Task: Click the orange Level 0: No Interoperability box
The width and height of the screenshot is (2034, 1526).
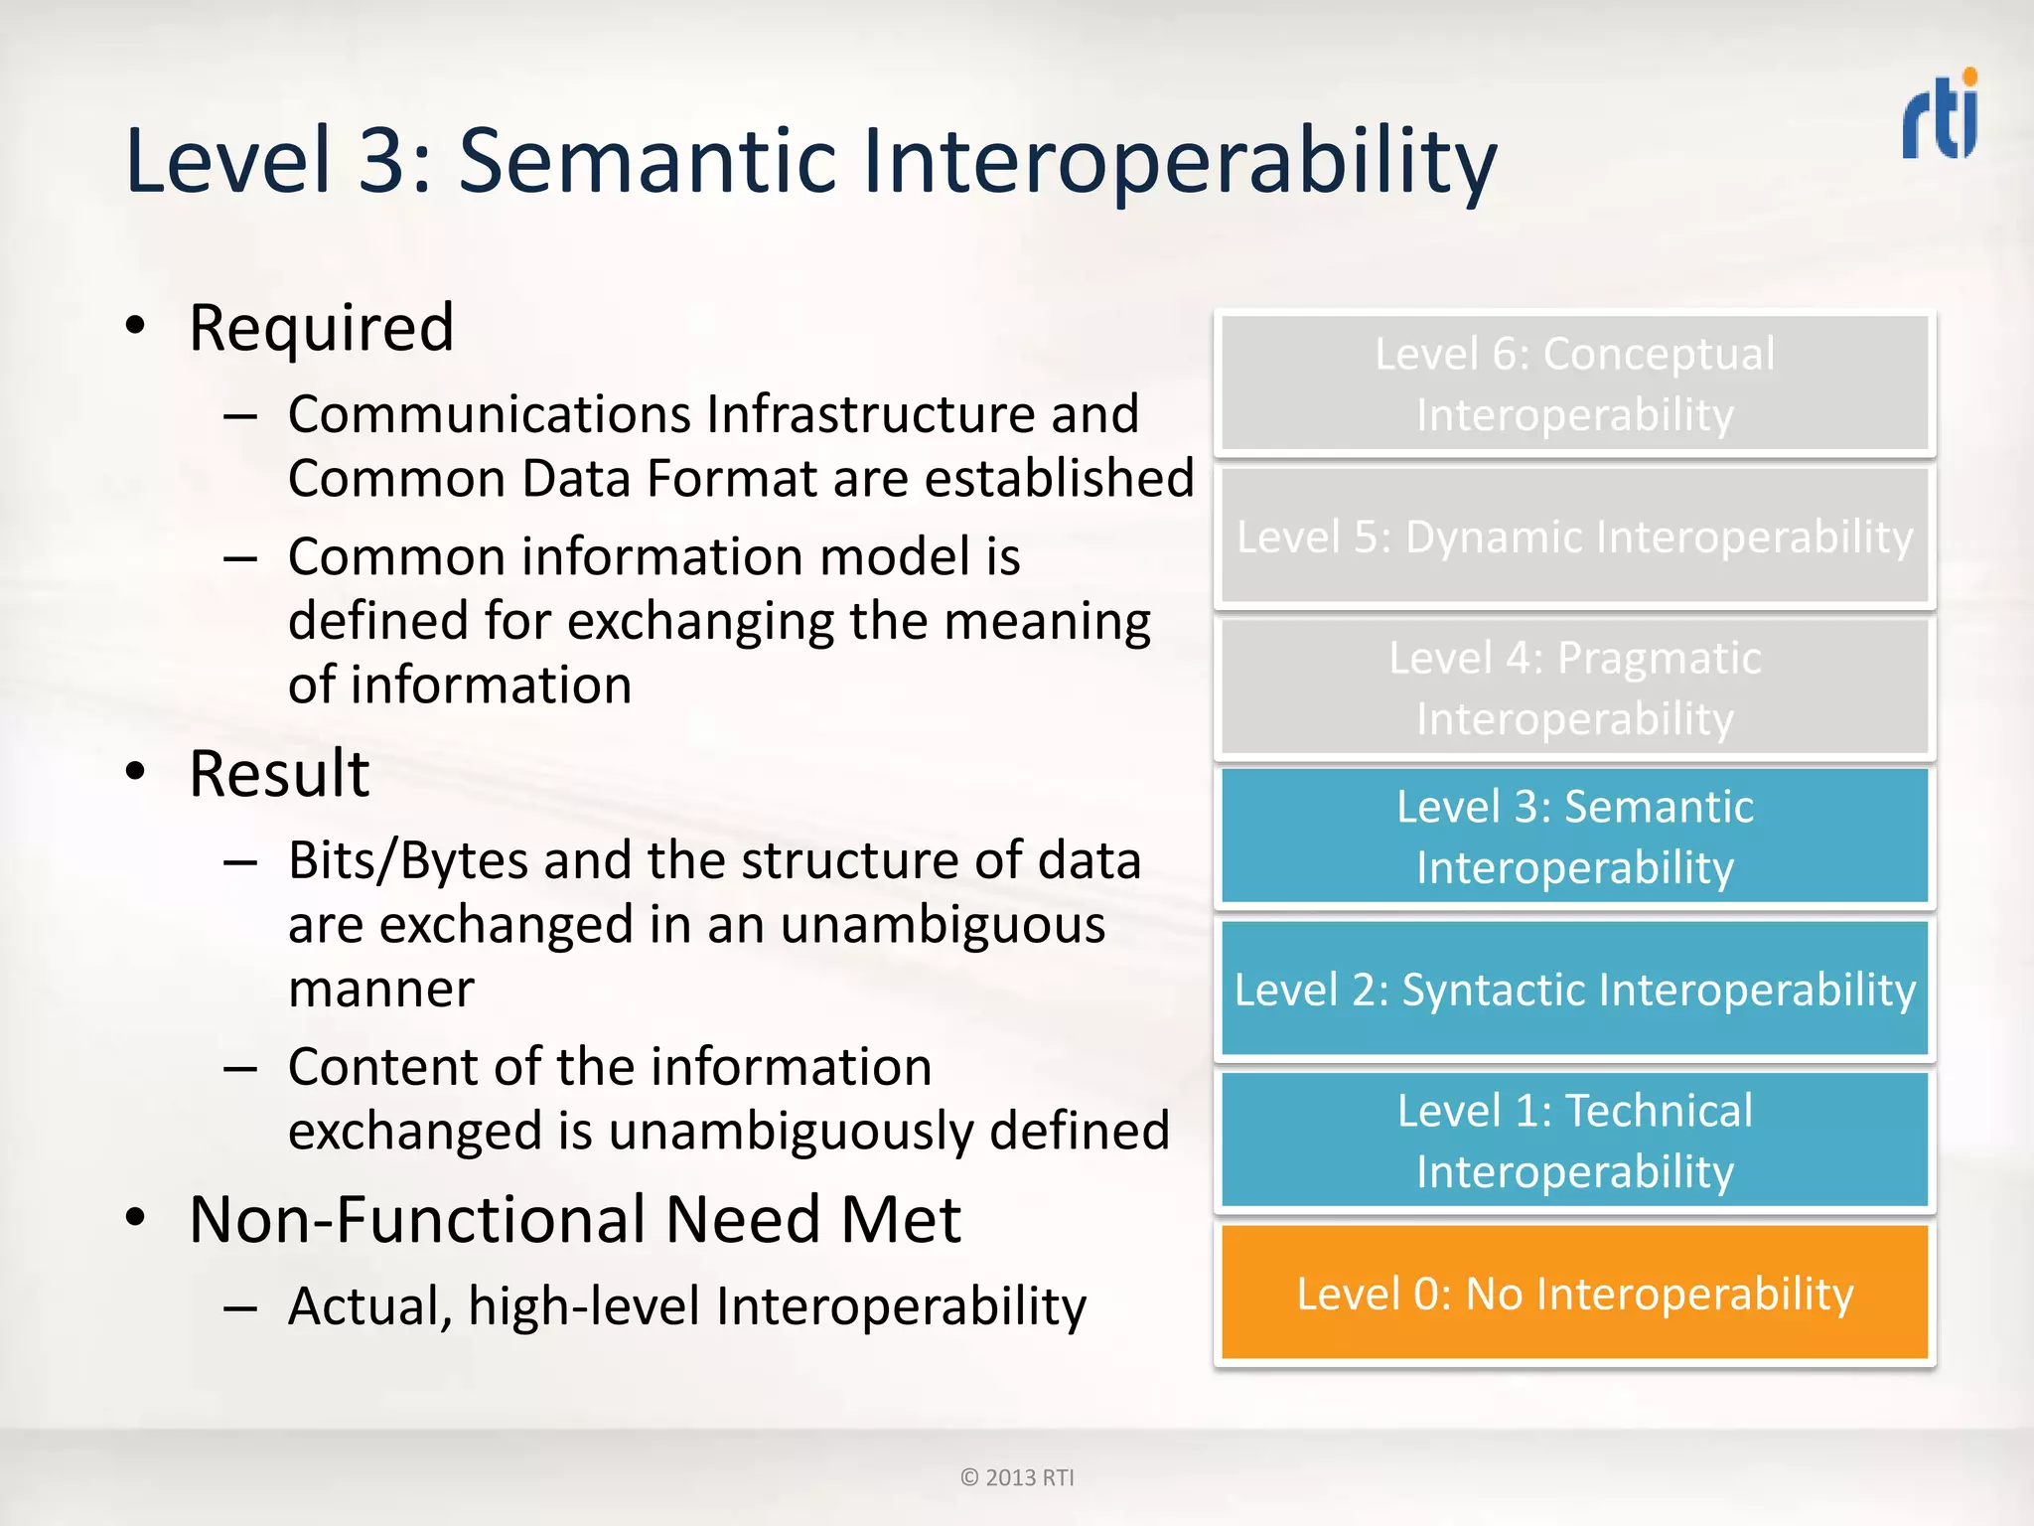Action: pos(1574,1293)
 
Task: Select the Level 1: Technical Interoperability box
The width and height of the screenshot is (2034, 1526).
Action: pos(1574,1140)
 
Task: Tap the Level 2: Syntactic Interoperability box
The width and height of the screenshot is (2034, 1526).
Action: pos(1574,989)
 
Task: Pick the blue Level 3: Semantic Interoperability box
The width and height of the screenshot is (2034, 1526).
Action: pos(1574,837)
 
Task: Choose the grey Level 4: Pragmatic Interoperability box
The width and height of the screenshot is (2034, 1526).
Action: pos(1574,687)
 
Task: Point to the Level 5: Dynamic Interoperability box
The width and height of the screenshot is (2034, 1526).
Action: pos(1574,536)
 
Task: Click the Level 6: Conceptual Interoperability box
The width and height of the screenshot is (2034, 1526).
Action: pos(1574,383)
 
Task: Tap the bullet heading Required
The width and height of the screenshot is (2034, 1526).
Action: pos(322,328)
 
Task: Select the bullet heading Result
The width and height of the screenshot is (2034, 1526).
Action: pos(279,774)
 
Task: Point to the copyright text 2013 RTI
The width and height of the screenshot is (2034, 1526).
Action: pos(1018,1477)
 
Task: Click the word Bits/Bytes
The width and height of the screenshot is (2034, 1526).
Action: pos(407,860)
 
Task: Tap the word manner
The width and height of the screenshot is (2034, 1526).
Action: pos(381,990)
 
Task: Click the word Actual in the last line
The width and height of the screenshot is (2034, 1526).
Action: pos(365,1305)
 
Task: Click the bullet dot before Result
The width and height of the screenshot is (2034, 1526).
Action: pos(136,772)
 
